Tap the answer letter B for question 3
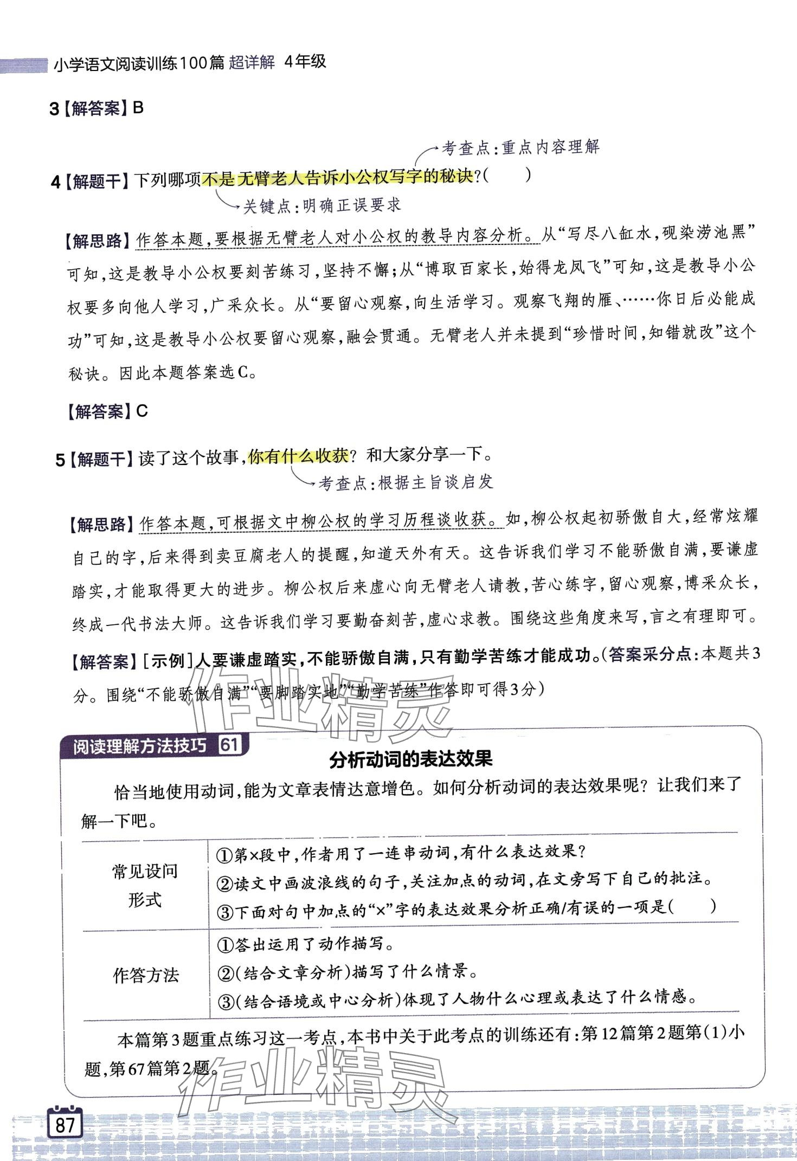(x=138, y=108)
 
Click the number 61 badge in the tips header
(x=229, y=745)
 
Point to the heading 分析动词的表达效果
(x=411, y=759)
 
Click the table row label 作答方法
(x=145, y=975)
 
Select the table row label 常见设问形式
(x=145, y=885)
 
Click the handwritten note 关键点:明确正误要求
(x=322, y=206)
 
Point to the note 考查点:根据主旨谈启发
(x=406, y=482)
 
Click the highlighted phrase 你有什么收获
(x=298, y=457)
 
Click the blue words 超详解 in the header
(x=252, y=62)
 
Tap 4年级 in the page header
(x=305, y=62)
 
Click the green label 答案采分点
(x=650, y=655)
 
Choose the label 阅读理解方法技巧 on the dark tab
(x=139, y=746)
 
